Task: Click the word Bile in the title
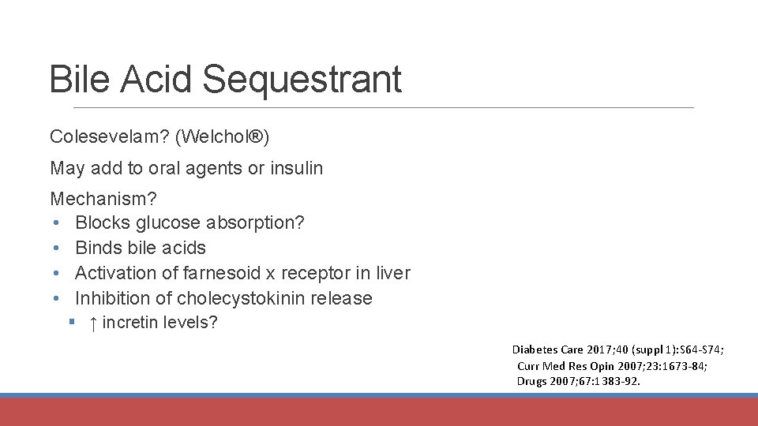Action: [x=79, y=79]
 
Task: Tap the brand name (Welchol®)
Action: [x=223, y=137]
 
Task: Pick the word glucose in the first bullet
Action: [x=167, y=223]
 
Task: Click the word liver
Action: [x=393, y=274]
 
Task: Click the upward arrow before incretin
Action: [x=93, y=323]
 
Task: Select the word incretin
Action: [x=130, y=323]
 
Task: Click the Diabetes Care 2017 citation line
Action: [x=618, y=349]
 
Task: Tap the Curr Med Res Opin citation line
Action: [x=612, y=365]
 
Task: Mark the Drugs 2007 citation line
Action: [x=579, y=381]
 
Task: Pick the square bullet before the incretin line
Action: [x=71, y=323]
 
